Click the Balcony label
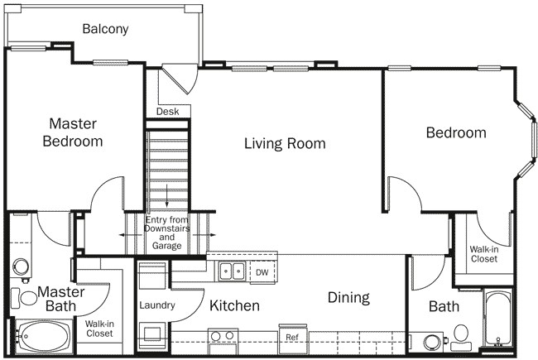(x=105, y=29)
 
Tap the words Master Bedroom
(x=73, y=132)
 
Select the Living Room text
(x=285, y=143)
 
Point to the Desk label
(x=168, y=111)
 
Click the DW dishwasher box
(x=262, y=271)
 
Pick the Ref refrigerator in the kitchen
(x=292, y=337)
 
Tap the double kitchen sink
(x=231, y=271)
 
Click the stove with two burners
(x=222, y=338)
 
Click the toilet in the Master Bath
(x=21, y=267)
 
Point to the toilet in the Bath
(x=460, y=335)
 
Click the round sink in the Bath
(x=430, y=342)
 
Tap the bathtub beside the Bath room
(x=498, y=319)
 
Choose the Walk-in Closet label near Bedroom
(x=484, y=253)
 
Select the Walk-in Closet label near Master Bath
(x=99, y=329)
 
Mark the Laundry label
(x=156, y=305)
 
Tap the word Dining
(x=348, y=297)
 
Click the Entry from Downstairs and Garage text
(x=168, y=232)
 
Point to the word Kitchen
(x=234, y=305)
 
